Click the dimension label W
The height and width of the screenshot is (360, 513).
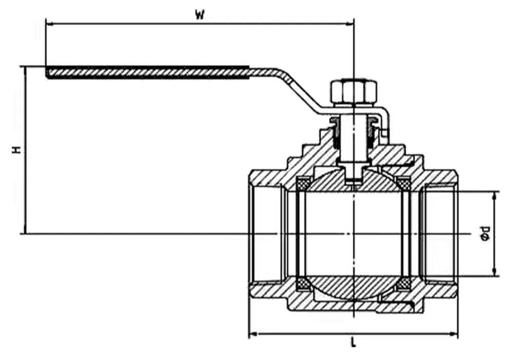[200, 15]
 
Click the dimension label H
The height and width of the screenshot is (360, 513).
[17, 150]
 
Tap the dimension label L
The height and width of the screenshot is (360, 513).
[353, 343]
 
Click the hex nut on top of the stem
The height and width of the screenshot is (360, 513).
[353, 91]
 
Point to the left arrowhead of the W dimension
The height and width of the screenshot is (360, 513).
[49, 23]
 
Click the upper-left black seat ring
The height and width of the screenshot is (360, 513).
[303, 182]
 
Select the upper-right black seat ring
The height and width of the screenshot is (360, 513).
[404, 182]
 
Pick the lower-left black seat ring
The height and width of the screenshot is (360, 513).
[303, 284]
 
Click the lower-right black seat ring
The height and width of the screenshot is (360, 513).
[404, 284]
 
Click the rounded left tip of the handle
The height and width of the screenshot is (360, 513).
[48, 73]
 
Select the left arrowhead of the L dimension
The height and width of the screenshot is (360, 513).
[252, 334]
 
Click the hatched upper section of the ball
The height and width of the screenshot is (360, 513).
[328, 182]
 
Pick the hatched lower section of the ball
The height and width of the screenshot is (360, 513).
[353, 287]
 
